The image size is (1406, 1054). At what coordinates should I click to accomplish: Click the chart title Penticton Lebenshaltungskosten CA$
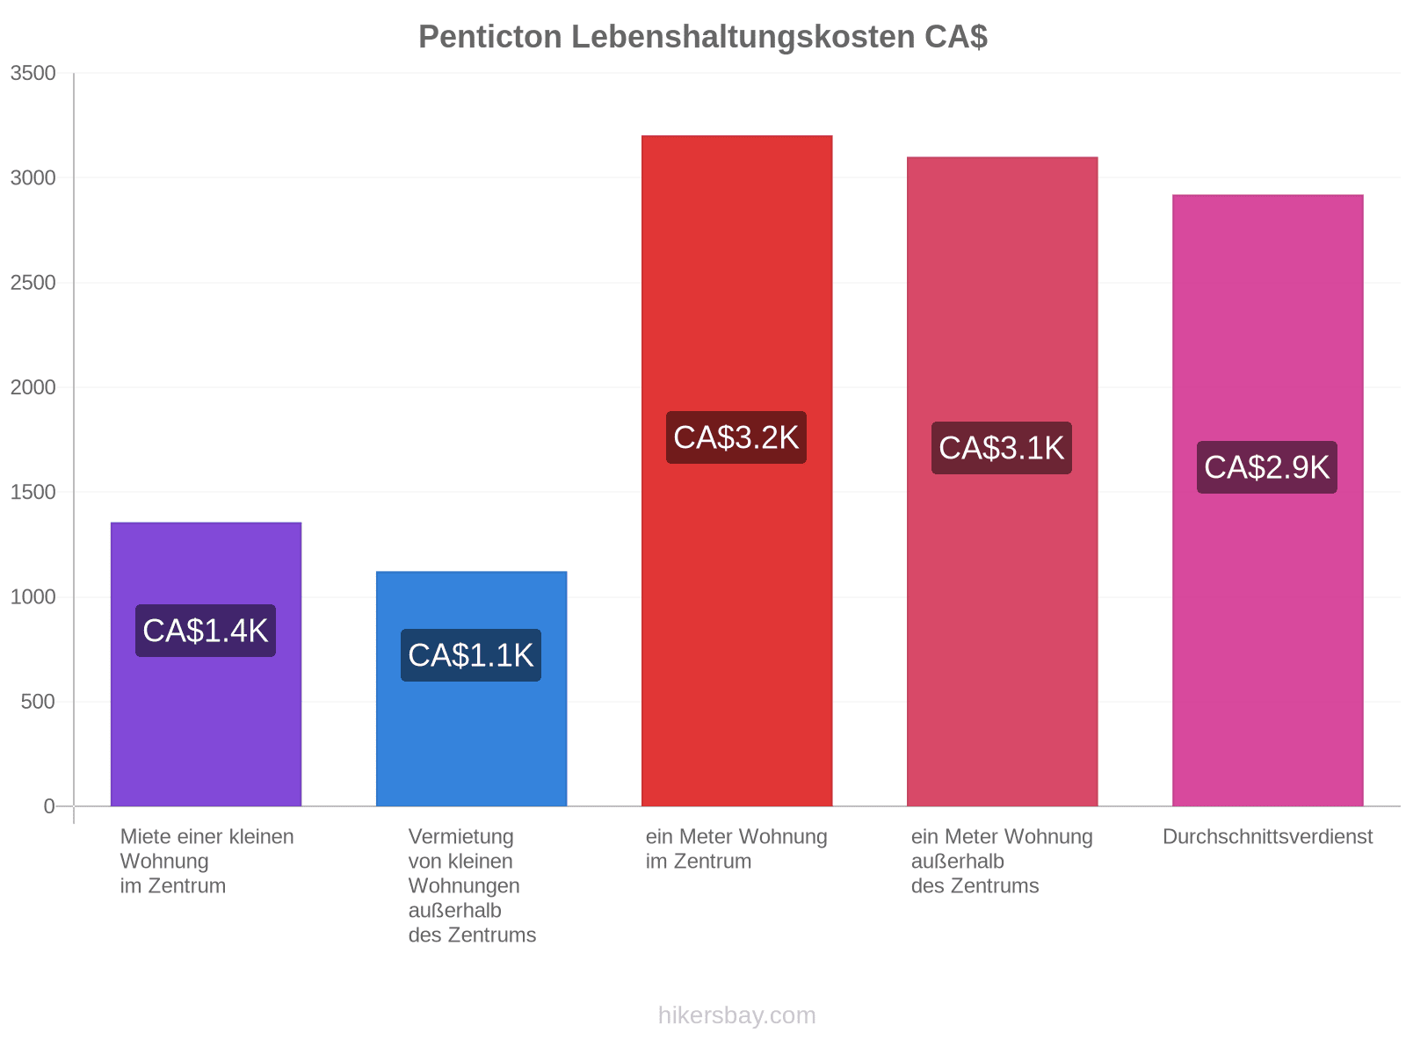click(x=703, y=37)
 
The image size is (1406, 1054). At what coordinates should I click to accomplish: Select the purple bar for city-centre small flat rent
click(x=206, y=664)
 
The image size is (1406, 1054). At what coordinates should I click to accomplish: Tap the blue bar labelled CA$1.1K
click(x=471, y=688)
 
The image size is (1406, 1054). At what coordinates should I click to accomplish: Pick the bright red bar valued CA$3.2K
click(x=736, y=471)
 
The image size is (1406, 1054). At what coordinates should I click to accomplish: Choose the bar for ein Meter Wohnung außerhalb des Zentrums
click(x=1002, y=481)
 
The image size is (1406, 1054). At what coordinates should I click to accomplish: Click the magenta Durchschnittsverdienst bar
click(x=1268, y=500)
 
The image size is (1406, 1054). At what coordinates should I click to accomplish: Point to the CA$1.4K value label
click(x=206, y=631)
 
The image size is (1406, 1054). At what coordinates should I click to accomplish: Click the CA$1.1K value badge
click(x=471, y=654)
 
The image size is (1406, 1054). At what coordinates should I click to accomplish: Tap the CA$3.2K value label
click(x=736, y=437)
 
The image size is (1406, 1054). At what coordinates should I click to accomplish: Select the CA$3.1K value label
click(x=1002, y=447)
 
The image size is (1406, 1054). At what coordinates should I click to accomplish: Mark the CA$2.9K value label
click(x=1267, y=466)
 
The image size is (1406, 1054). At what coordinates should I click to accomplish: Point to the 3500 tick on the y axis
click(x=33, y=73)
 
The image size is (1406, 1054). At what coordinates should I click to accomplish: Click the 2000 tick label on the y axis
click(x=33, y=387)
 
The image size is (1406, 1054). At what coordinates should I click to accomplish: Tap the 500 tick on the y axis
click(x=38, y=702)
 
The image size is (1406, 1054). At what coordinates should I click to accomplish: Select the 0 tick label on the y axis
click(x=49, y=805)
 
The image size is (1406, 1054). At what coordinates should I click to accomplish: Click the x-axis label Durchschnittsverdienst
click(x=1268, y=836)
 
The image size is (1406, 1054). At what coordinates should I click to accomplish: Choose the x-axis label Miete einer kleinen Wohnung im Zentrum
click(x=207, y=861)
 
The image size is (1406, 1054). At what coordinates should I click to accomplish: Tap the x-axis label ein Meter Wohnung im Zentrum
click(x=736, y=848)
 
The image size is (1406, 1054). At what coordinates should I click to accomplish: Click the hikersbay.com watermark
click(x=736, y=1015)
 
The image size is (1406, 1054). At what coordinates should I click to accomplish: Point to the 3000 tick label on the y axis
click(x=33, y=177)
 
